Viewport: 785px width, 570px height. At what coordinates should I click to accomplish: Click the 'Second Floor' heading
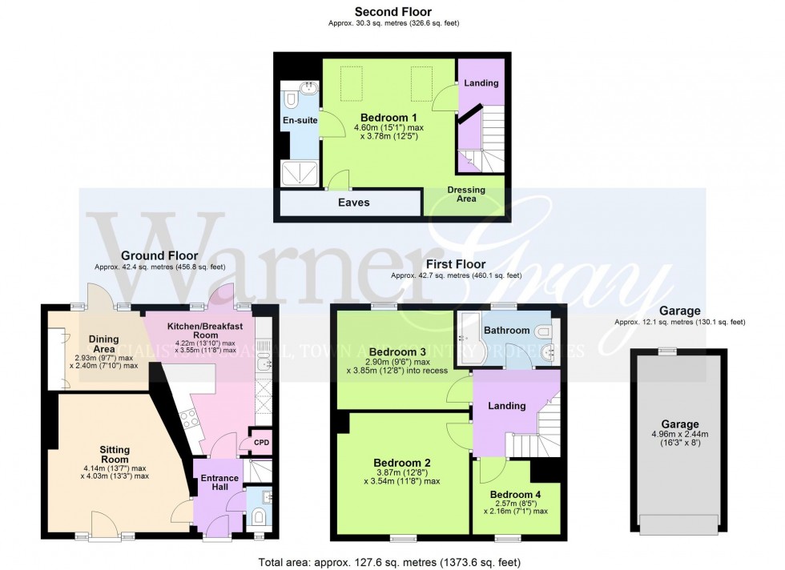(392, 12)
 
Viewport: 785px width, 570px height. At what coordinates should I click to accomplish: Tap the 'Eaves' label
(353, 203)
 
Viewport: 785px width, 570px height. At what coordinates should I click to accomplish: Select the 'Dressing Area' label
(466, 194)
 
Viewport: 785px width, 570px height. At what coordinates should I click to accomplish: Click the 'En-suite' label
(300, 121)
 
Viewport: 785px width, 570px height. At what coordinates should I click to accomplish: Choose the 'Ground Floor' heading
(159, 256)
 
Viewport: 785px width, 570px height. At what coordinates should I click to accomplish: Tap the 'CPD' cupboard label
(262, 442)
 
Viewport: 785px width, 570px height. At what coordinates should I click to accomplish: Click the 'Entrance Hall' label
(218, 484)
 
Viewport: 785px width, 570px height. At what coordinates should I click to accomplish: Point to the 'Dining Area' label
(103, 343)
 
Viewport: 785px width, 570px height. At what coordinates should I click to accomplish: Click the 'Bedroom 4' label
(515, 494)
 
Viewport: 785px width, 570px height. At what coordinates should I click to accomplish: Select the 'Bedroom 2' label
(402, 462)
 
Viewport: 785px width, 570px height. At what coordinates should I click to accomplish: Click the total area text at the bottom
(392, 560)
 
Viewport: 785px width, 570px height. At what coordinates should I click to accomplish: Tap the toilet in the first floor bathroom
(545, 331)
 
